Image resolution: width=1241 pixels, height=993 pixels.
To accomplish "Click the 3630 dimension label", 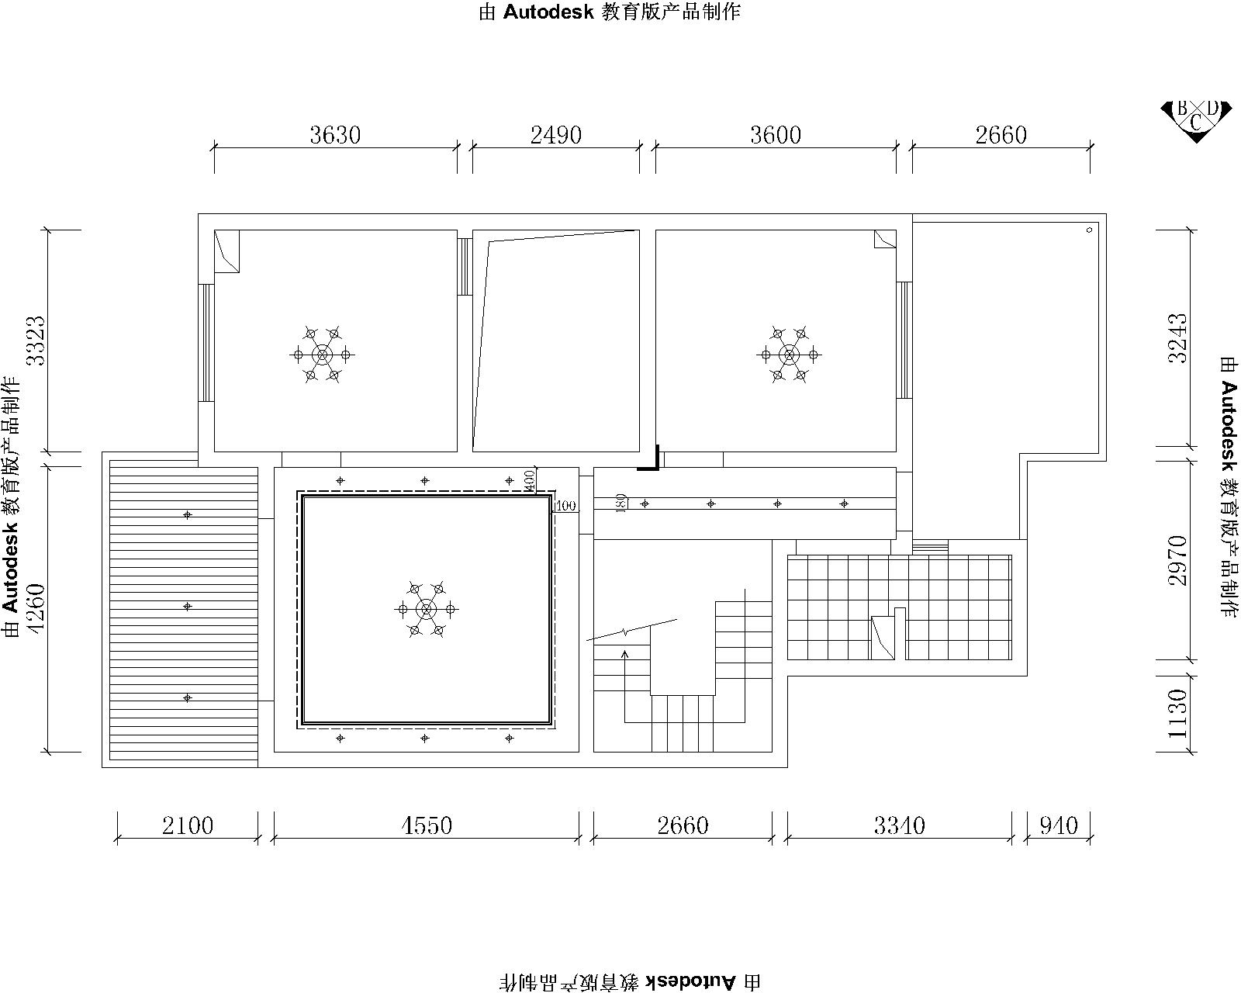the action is (335, 135).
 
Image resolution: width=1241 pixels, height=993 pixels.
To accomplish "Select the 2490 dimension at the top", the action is (556, 135).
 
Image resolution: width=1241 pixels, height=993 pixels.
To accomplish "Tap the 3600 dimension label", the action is (776, 135).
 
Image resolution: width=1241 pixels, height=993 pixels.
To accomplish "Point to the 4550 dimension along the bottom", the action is (427, 825).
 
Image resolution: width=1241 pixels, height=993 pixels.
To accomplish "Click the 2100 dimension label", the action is (188, 825).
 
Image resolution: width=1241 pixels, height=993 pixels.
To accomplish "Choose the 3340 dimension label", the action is (899, 825).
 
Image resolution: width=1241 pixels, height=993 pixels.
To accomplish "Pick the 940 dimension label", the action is (1059, 825).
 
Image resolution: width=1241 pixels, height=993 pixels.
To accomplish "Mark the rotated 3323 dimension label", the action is (36, 341).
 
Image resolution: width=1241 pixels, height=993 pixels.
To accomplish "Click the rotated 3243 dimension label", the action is (1177, 338).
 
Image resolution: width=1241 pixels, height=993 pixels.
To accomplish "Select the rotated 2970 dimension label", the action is (1177, 561).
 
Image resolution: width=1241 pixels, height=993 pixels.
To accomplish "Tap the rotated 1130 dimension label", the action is (1177, 714).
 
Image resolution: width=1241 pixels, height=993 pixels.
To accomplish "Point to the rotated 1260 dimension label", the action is (36, 609).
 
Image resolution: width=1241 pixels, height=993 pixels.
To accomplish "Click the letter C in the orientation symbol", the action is (1195, 123).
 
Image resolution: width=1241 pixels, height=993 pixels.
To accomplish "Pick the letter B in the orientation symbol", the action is (1182, 108).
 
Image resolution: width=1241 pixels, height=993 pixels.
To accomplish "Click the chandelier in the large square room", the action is (427, 609).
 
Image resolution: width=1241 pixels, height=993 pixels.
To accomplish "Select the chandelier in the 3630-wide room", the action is (323, 355).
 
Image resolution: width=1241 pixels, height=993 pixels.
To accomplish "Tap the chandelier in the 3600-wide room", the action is (789, 355).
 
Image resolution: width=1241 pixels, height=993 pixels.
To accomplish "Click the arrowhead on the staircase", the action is (624, 654).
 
